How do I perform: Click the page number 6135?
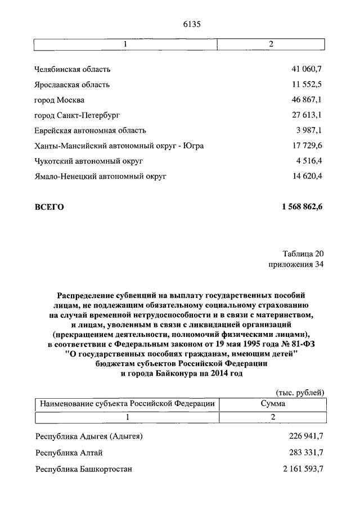point(192,24)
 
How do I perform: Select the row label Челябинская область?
point(73,70)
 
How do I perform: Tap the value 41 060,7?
point(307,70)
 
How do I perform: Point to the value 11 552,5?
point(307,85)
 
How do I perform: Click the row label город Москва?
point(60,100)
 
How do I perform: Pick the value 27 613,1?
point(307,115)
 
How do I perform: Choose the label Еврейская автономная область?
point(91,130)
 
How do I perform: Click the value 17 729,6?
point(307,146)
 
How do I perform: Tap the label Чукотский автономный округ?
point(89,161)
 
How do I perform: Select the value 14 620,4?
point(307,176)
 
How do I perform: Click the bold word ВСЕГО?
point(49,207)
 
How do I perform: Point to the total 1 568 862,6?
point(303,207)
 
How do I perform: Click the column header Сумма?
point(272,404)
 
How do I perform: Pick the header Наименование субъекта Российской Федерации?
point(127,404)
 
